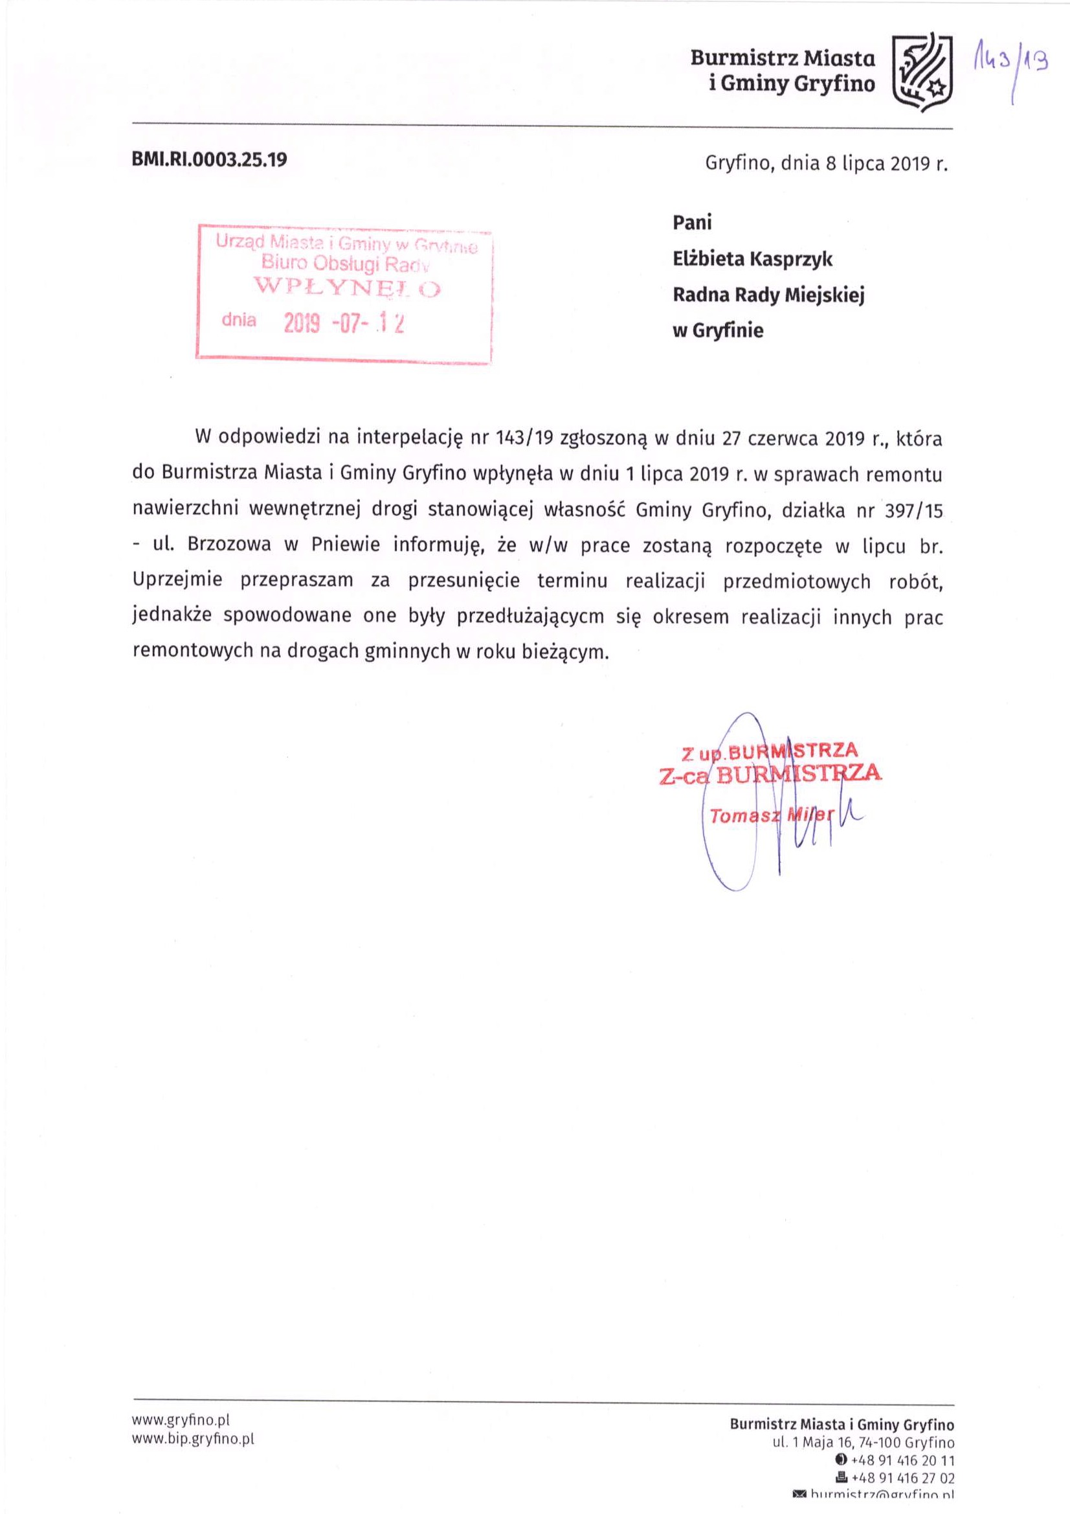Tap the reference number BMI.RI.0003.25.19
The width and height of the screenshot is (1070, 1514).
pyautogui.click(x=210, y=160)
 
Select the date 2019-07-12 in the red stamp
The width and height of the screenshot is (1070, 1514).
pyautogui.click(x=343, y=323)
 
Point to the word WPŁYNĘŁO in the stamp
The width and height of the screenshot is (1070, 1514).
pyautogui.click(x=348, y=288)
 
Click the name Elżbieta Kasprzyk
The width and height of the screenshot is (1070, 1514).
pyautogui.click(x=752, y=258)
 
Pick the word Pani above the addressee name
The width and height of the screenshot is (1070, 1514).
pyautogui.click(x=691, y=222)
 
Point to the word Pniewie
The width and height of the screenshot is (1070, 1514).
pyautogui.click(x=346, y=545)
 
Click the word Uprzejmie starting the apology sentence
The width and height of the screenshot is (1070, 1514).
pyautogui.click(x=177, y=581)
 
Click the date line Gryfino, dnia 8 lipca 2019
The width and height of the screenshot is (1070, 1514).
pyautogui.click(x=825, y=163)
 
